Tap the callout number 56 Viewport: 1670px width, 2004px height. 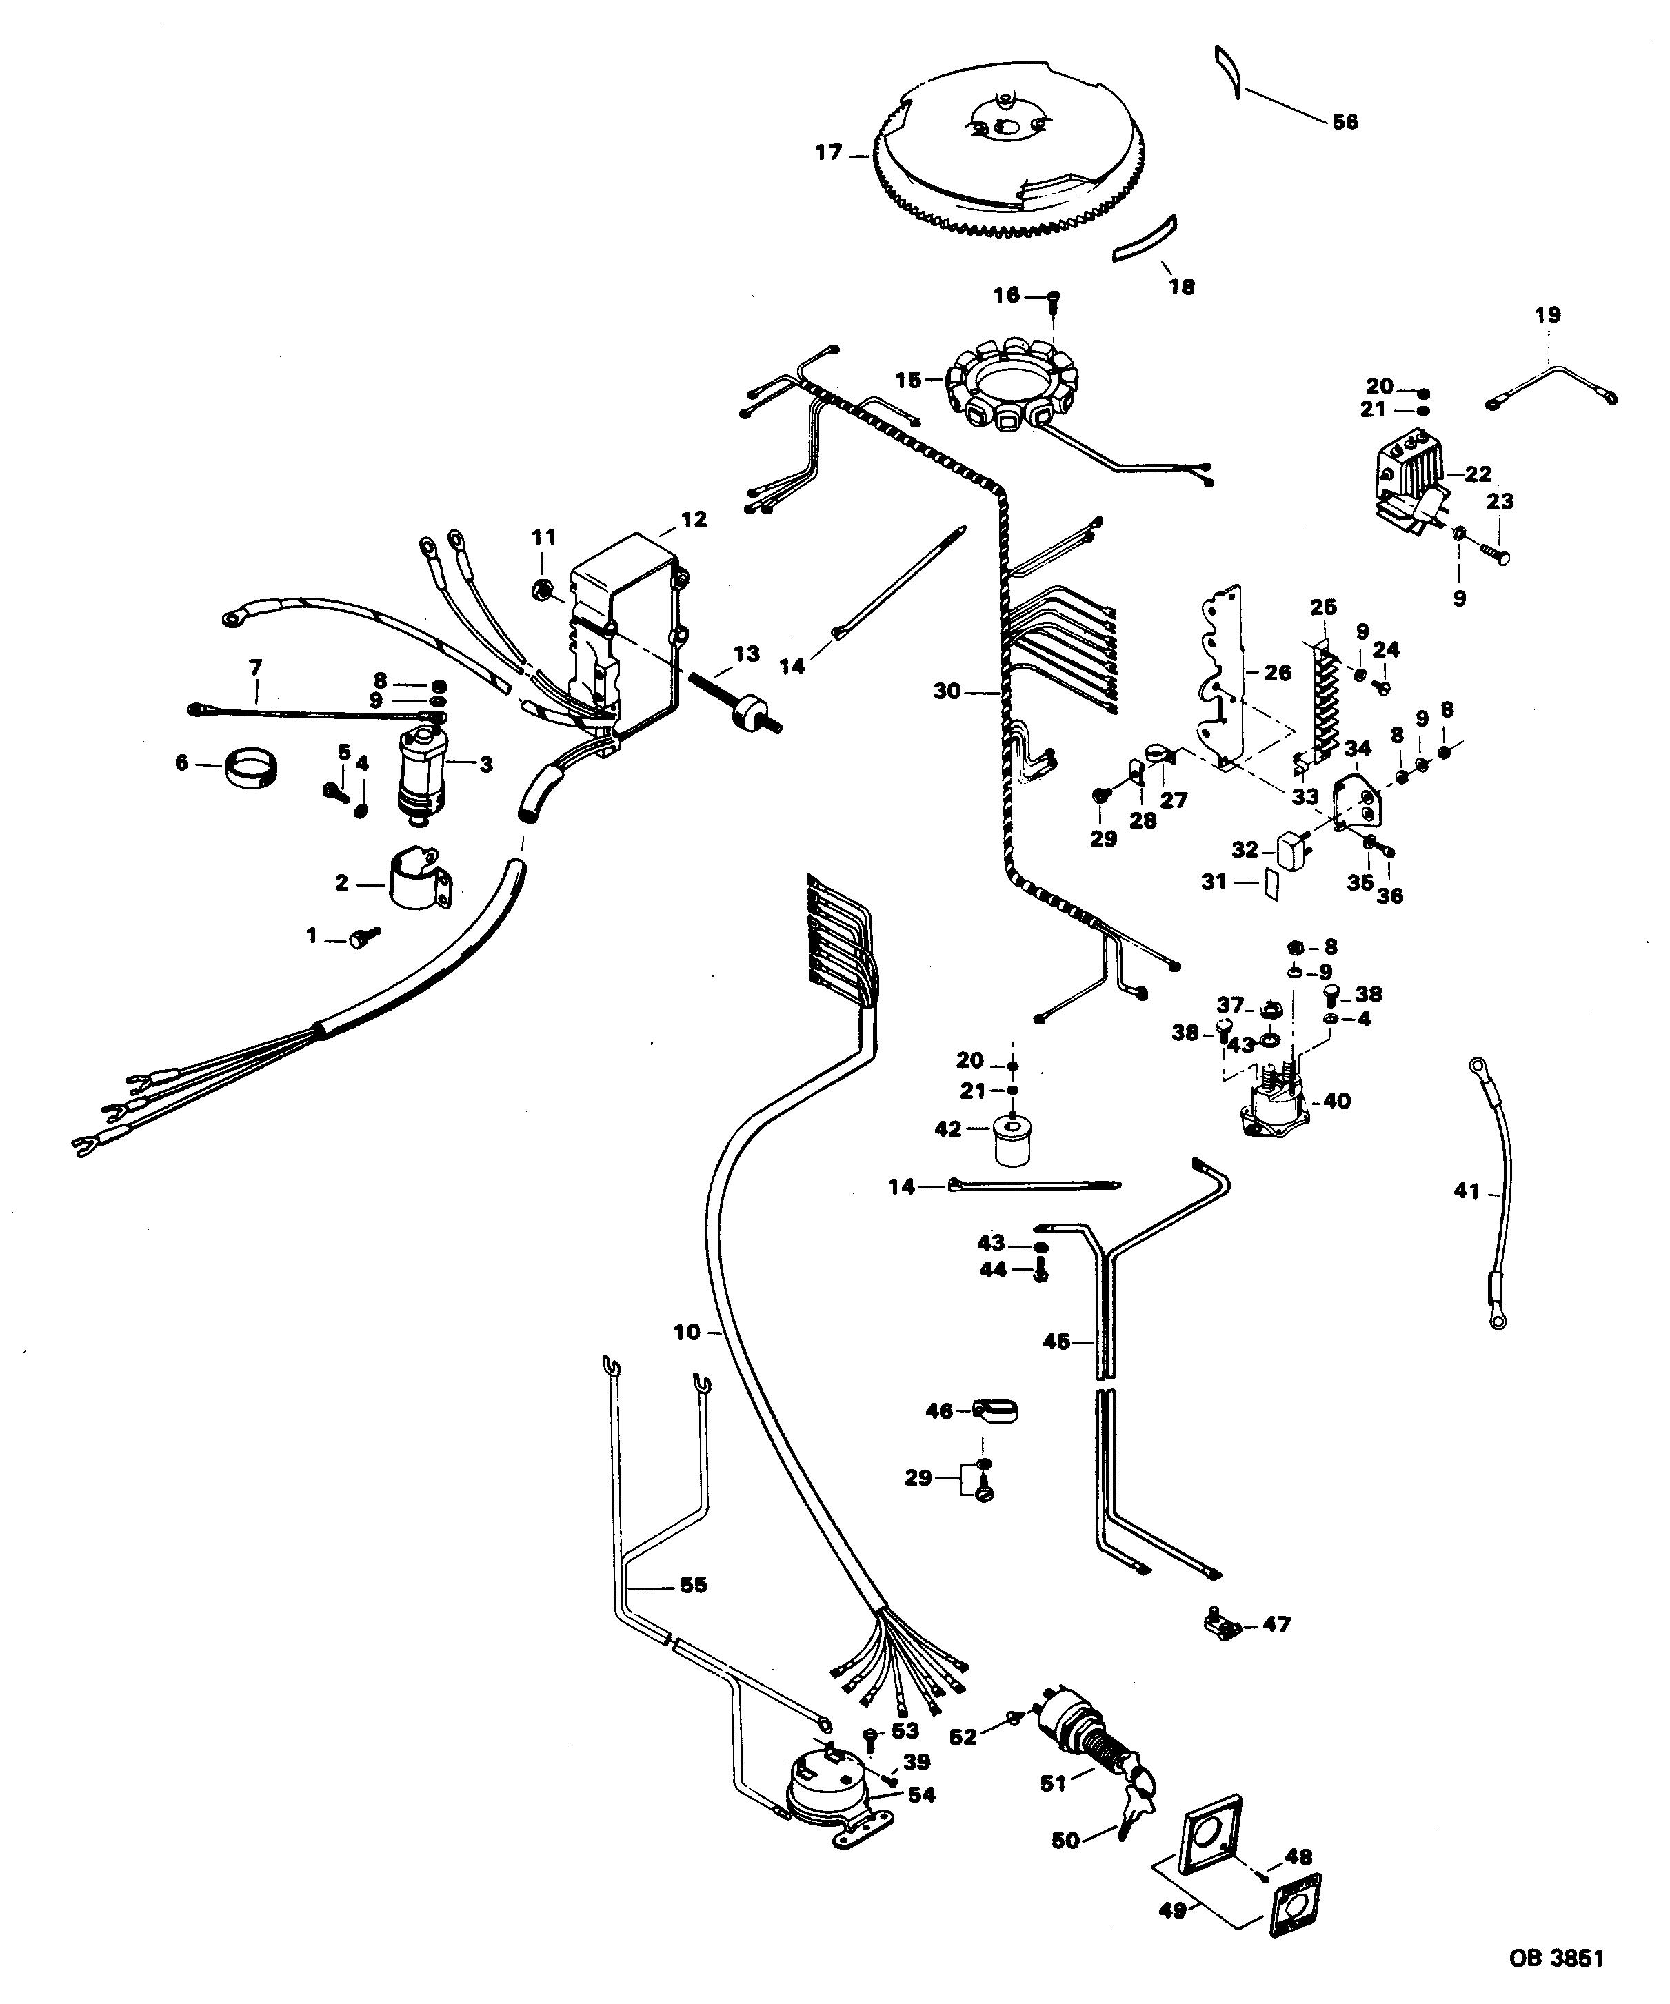click(x=1345, y=122)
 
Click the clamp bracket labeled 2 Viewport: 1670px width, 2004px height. click(x=420, y=880)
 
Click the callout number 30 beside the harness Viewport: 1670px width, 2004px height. click(x=947, y=690)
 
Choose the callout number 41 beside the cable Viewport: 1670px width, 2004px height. click(x=1466, y=1191)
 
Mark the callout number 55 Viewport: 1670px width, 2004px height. click(x=694, y=1585)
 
